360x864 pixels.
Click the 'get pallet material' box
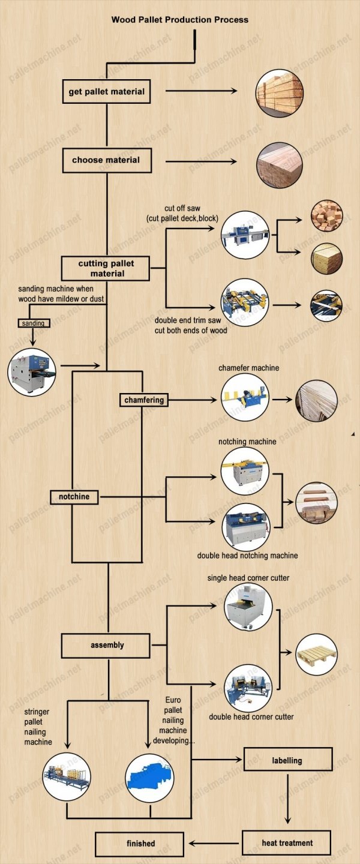[106, 91]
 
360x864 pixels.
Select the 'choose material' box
[107, 160]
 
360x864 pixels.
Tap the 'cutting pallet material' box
[106, 268]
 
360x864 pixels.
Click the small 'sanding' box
[34, 323]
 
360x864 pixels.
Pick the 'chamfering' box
[144, 400]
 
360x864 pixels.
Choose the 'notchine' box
[74, 497]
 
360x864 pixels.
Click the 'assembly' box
[106, 646]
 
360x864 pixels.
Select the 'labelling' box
[287, 760]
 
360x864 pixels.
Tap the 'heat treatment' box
[286, 843]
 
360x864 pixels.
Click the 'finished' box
[139, 844]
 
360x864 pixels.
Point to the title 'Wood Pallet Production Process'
[180, 20]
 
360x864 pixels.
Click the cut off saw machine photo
[245, 235]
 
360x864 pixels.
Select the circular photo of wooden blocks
[327, 215]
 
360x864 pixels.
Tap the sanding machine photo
[32, 372]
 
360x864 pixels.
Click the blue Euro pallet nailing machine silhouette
[149, 778]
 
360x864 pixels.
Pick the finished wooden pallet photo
[316, 654]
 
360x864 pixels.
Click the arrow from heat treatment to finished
[214, 843]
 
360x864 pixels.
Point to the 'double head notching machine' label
[247, 556]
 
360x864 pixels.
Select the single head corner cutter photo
[248, 607]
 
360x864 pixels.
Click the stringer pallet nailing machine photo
[67, 776]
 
